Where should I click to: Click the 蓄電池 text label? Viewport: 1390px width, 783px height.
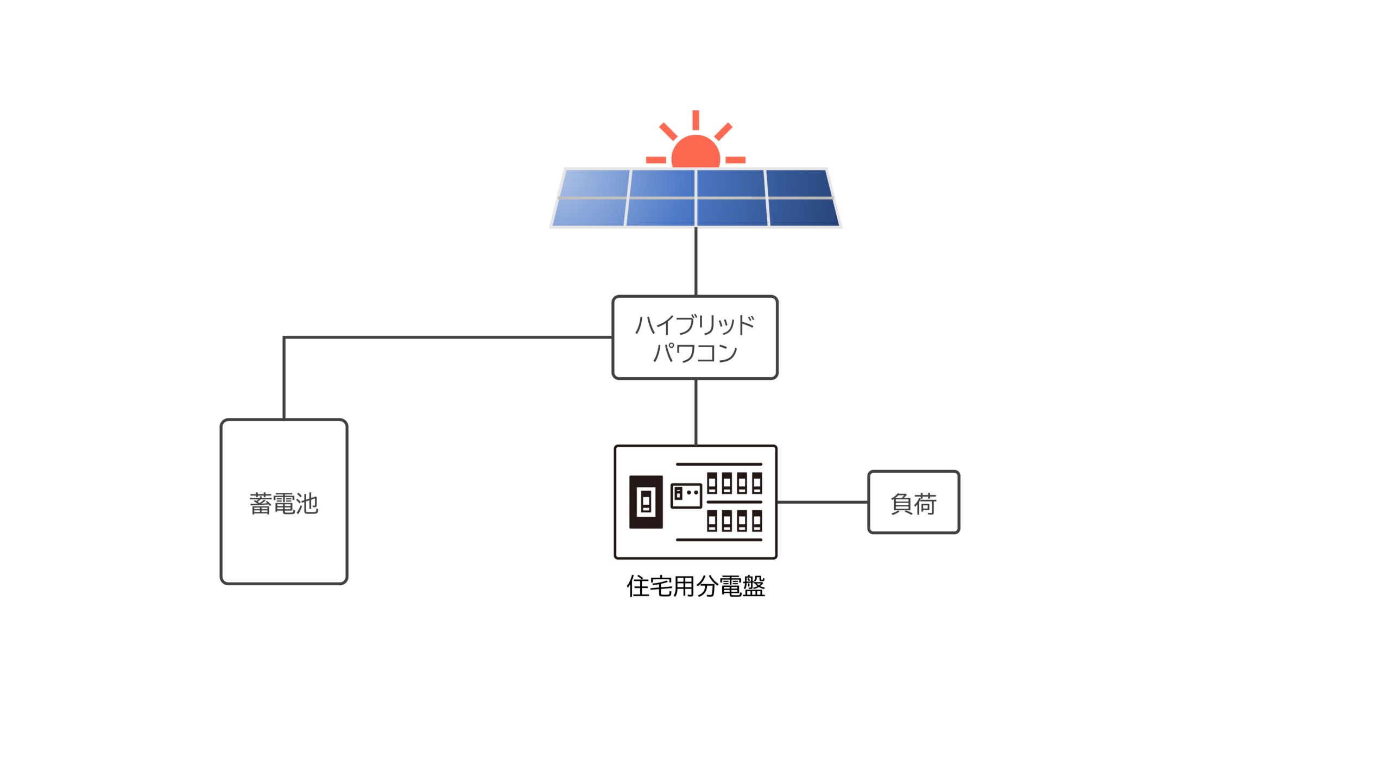(x=284, y=504)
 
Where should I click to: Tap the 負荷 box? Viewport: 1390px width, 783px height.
(x=913, y=502)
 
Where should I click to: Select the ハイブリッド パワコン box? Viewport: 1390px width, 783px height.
(x=694, y=337)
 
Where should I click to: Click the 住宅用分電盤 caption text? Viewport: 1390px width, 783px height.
(x=696, y=587)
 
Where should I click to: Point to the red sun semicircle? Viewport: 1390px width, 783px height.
(x=696, y=153)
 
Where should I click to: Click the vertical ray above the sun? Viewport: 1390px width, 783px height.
(x=696, y=120)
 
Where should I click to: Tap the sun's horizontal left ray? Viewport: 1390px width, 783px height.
(x=656, y=160)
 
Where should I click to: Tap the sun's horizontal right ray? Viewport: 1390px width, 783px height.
(x=735, y=160)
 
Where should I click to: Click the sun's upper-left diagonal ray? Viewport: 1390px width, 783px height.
(x=668, y=131)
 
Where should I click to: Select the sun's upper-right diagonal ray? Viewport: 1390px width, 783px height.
(x=723, y=131)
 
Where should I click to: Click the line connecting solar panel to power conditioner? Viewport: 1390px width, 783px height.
(x=696, y=261)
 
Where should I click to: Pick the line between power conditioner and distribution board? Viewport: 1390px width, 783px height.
(x=696, y=412)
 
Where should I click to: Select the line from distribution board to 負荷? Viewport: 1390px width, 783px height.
(x=823, y=502)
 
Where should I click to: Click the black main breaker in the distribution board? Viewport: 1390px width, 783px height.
(x=646, y=502)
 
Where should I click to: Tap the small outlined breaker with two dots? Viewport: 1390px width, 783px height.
(x=686, y=496)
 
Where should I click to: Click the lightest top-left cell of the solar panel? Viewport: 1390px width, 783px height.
(x=595, y=183)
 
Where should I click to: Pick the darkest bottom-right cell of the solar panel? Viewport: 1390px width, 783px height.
(x=804, y=212)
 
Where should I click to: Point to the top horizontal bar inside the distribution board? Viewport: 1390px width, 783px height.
(x=719, y=465)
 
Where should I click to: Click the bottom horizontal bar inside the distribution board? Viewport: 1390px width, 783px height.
(x=719, y=540)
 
